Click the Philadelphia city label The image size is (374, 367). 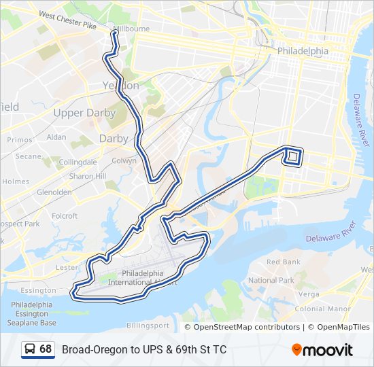tap(303, 51)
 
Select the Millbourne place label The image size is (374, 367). tap(131, 29)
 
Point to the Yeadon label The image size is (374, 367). tap(120, 86)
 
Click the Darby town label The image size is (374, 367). tap(114, 138)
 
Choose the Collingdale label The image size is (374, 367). tap(78, 162)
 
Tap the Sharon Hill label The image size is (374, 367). tap(88, 176)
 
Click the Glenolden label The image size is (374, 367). tap(54, 192)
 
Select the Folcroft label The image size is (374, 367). tap(65, 216)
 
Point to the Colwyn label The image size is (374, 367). tap(124, 161)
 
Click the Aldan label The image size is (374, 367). tap(56, 137)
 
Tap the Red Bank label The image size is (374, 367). tap(283, 262)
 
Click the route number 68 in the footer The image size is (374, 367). tap(46, 349)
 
